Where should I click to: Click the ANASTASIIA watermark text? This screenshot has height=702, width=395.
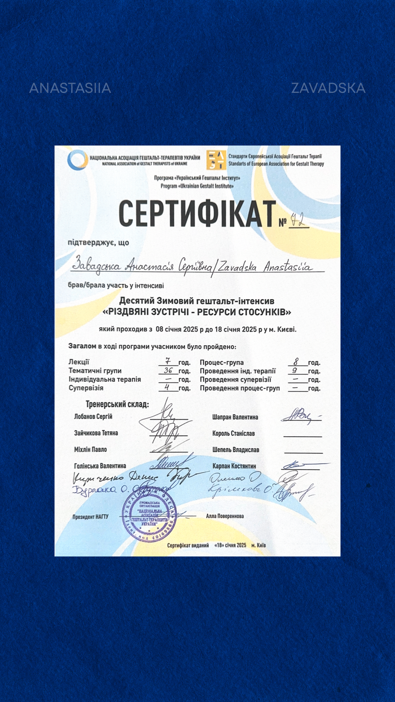point(70,88)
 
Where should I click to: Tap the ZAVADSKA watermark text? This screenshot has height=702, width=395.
point(328,88)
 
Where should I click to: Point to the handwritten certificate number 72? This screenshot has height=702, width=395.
point(298,220)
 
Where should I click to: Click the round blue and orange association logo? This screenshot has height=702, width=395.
point(77,160)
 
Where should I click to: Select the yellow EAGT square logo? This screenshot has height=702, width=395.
point(216,160)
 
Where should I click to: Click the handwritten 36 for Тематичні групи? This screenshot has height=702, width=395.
point(168,370)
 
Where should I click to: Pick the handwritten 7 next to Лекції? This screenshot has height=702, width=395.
point(168,361)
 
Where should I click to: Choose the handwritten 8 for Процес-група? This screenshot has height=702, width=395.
point(296,362)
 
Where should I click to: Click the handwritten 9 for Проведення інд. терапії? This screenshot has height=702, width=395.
point(295,370)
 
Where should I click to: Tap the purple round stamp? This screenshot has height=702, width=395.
point(149,516)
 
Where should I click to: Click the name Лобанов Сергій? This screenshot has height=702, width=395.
point(93,416)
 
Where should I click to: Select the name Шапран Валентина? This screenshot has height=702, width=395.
point(235,417)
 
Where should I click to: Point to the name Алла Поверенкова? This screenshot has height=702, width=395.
point(225,516)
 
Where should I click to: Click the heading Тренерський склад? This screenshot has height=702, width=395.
point(117,404)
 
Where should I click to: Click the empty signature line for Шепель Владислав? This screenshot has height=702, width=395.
point(303,453)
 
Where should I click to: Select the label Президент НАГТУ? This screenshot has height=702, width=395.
point(90,517)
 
